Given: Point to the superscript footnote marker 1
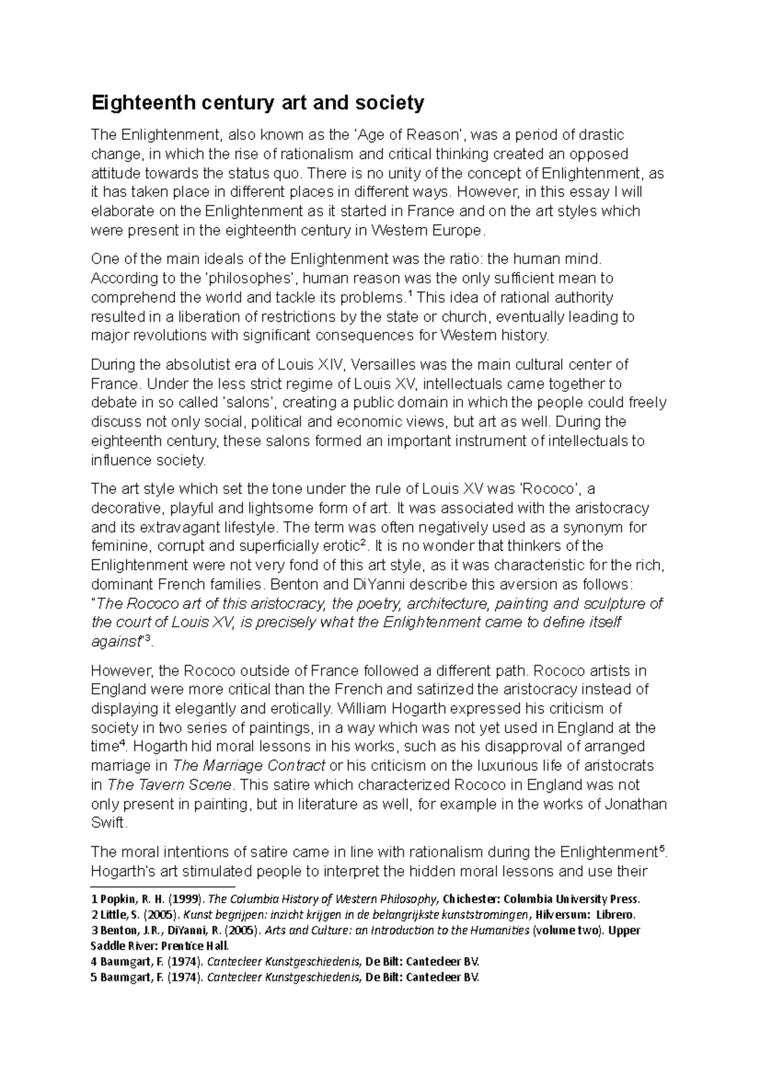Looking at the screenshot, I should tap(408, 294).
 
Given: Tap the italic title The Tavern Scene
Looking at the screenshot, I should tap(170, 785).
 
